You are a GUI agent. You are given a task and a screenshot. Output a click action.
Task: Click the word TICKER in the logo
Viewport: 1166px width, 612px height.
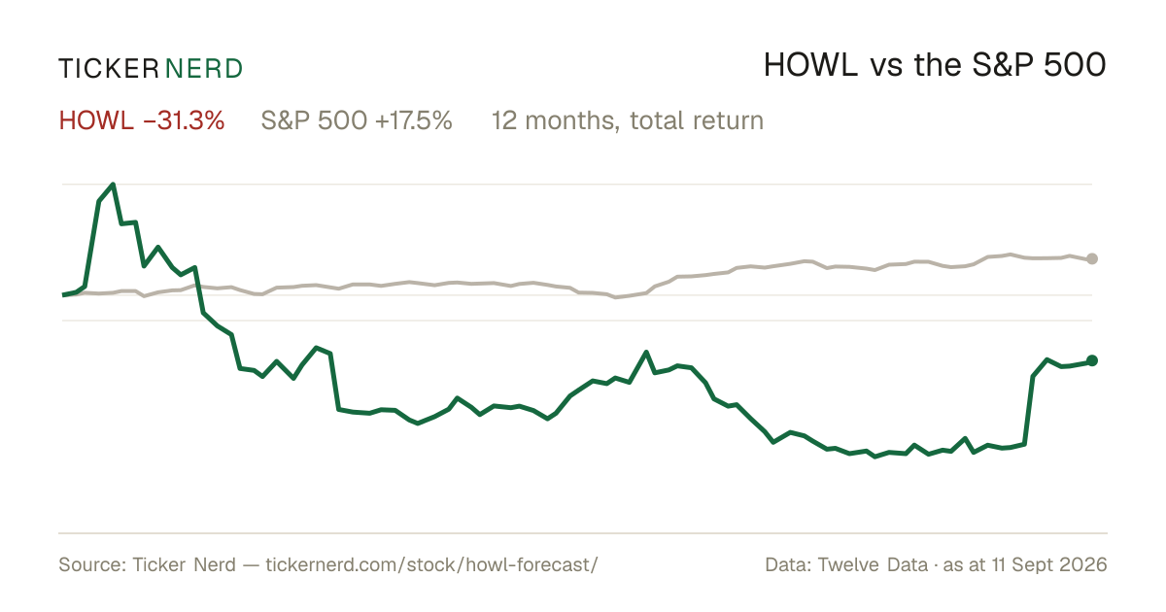pos(108,69)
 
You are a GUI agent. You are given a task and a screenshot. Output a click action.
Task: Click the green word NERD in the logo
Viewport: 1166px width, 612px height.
pos(203,69)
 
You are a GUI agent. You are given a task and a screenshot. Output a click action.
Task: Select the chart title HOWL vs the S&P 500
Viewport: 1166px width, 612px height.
pos(935,65)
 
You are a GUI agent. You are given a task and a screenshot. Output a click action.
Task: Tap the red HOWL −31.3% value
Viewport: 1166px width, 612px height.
pos(142,120)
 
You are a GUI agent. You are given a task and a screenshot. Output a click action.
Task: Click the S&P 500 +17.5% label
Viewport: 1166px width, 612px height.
pos(357,120)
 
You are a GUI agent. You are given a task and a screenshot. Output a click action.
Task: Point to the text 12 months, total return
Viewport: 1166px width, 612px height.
pos(628,120)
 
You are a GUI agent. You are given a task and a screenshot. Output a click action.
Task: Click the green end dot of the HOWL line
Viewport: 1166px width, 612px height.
pos(1092,360)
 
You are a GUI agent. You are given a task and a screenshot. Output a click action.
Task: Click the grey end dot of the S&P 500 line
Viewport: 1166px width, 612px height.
pos(1092,258)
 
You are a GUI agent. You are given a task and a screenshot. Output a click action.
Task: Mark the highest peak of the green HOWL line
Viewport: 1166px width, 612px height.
pos(113,185)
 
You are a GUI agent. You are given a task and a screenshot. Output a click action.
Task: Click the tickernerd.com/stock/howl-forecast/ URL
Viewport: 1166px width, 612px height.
pos(432,564)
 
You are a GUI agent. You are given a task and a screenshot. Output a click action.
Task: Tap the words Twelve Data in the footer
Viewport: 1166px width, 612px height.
pos(873,564)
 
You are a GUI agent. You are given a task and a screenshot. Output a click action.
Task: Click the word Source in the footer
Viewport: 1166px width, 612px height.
pos(91,564)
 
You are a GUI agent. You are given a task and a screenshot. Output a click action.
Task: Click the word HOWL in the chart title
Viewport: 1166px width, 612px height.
pos(811,65)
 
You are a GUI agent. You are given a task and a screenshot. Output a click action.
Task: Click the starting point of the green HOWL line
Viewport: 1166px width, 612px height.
pos(63,295)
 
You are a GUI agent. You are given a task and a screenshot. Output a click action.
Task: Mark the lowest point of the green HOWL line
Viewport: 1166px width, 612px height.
pos(874,457)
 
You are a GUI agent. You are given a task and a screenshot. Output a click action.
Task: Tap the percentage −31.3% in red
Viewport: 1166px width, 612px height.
pos(184,120)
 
